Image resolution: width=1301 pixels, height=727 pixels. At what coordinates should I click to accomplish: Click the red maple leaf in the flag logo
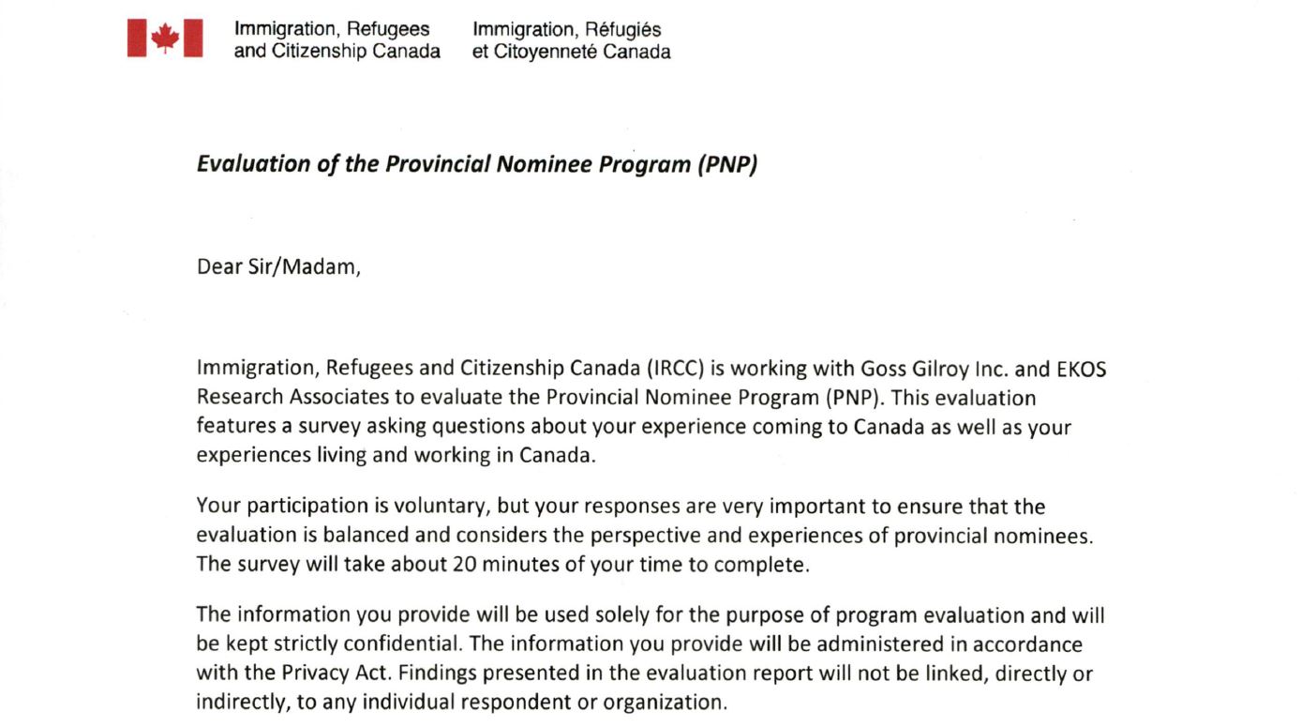165,38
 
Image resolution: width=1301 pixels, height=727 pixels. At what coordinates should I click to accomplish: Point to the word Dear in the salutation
218,266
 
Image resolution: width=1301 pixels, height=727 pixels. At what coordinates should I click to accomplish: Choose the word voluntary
440,507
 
